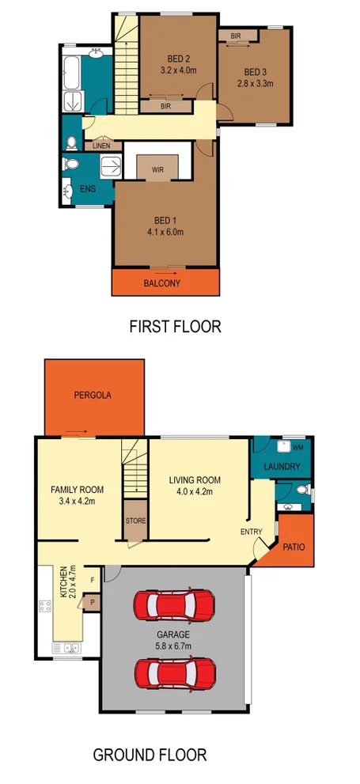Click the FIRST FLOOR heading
click(x=175, y=326)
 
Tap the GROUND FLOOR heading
click(x=150, y=755)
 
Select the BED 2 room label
click(x=179, y=59)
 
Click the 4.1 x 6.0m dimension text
click(x=165, y=232)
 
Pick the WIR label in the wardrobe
click(x=158, y=169)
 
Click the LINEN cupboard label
click(x=102, y=146)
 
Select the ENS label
click(x=87, y=190)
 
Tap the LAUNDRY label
click(x=282, y=467)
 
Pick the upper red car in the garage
click(x=174, y=606)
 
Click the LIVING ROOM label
click(x=195, y=480)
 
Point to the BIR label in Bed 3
click(x=236, y=36)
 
